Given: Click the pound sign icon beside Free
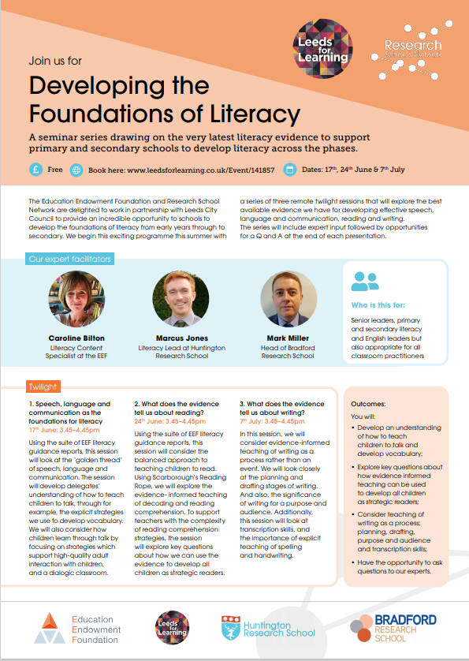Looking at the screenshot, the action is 36,170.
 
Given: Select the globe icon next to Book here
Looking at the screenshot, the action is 76,170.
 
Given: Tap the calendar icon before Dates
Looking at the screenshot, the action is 289,170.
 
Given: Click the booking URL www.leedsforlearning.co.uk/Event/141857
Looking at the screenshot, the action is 201,170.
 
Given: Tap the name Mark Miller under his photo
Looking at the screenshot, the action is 282,338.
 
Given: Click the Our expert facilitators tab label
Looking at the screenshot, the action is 70,259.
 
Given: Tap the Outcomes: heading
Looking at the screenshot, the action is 368,404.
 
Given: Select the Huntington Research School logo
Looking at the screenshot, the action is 268,628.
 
